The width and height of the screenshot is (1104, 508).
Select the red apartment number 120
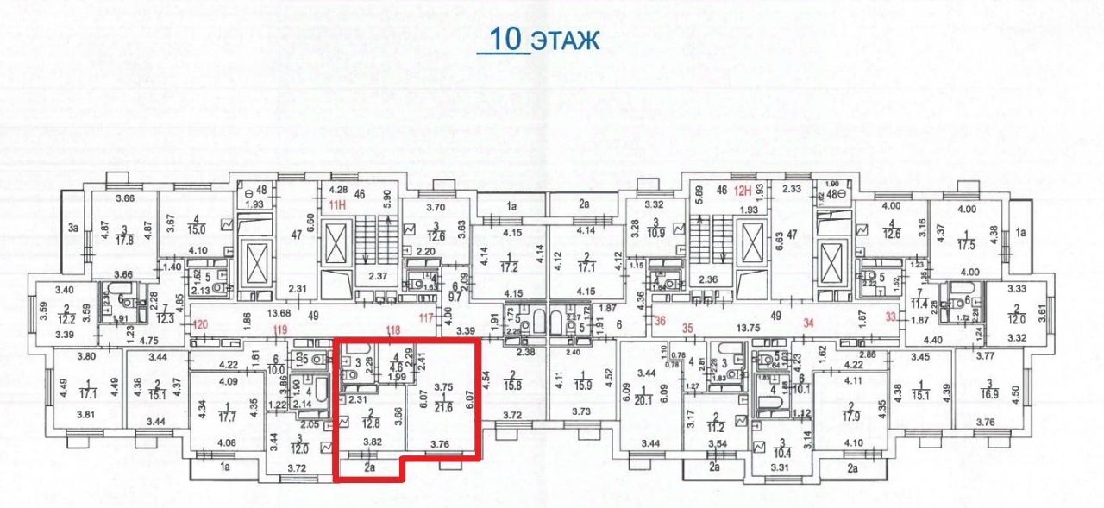point(202,325)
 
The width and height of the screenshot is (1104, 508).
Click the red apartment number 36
point(662,323)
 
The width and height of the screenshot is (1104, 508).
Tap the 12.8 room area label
point(371,422)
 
